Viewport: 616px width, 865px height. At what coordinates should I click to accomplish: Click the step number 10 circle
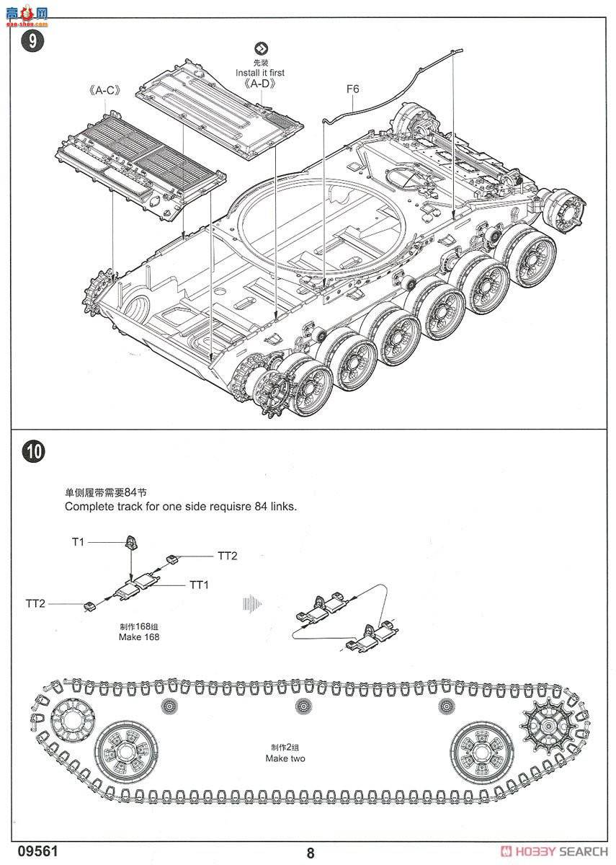33,452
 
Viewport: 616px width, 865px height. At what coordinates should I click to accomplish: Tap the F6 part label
352,89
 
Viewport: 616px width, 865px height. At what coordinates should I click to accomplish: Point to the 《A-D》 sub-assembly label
259,84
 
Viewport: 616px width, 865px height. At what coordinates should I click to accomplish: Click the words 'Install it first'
259,73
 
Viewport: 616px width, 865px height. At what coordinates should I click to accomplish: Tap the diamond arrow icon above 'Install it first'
259,49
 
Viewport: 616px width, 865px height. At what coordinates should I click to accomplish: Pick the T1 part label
78,541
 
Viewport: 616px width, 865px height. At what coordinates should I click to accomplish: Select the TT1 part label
199,585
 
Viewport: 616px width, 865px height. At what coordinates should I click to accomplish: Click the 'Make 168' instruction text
139,637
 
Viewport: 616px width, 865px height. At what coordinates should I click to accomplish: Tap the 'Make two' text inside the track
285,758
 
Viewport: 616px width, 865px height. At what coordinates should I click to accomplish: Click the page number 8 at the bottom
311,853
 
